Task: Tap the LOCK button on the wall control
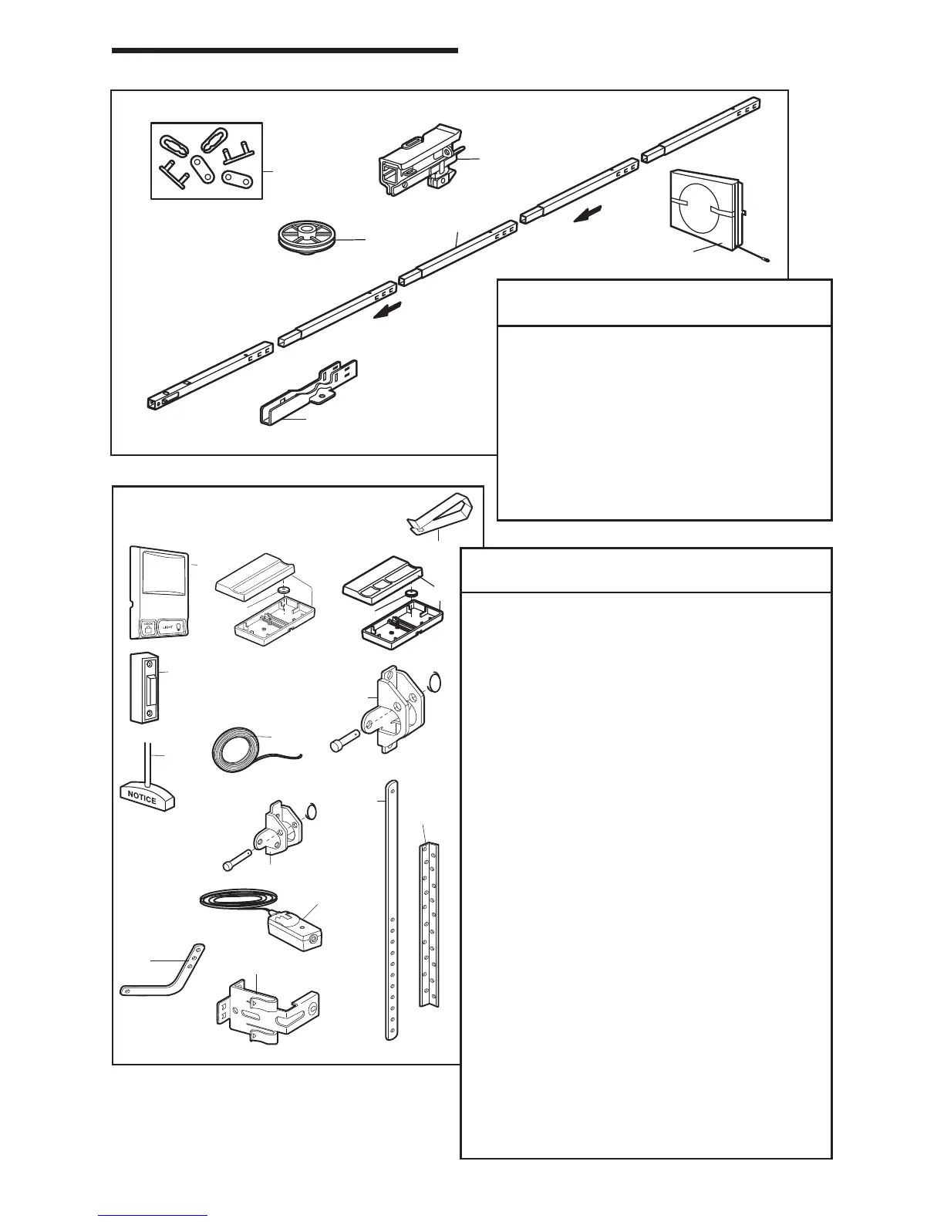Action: [x=147, y=627]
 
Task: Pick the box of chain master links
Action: [x=206, y=160]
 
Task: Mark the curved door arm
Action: [x=165, y=974]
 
